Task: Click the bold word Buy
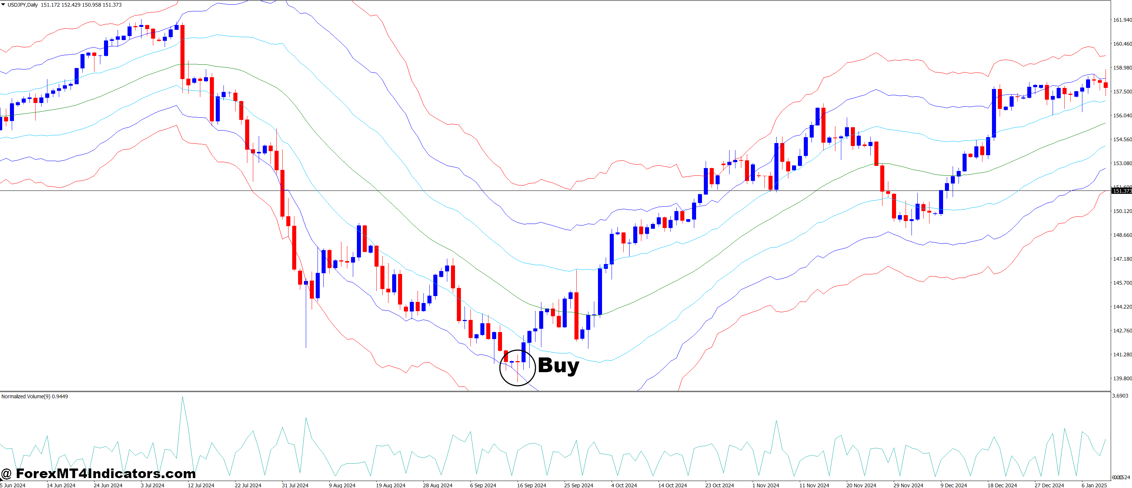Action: [558, 365]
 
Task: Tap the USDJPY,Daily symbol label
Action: [22, 5]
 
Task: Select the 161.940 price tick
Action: [1122, 20]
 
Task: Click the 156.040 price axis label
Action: [1122, 115]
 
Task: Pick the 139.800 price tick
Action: [1122, 378]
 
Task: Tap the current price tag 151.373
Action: [1122, 191]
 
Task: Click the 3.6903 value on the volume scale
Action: [1120, 396]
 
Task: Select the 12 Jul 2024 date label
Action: [201, 485]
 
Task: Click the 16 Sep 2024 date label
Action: [531, 485]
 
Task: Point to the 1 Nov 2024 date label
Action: [766, 485]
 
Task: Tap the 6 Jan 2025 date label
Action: [1094, 485]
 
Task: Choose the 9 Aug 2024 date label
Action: [342, 485]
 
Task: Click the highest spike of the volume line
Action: [182, 398]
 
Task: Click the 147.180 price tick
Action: [1122, 259]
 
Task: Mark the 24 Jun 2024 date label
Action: [108, 485]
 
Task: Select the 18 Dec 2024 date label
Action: [1002, 485]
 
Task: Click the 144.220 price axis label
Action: [1122, 306]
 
